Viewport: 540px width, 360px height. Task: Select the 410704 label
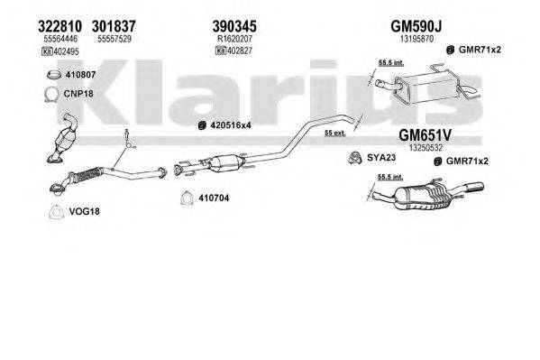(x=214, y=199)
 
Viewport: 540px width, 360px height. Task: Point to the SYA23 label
(x=377, y=160)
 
